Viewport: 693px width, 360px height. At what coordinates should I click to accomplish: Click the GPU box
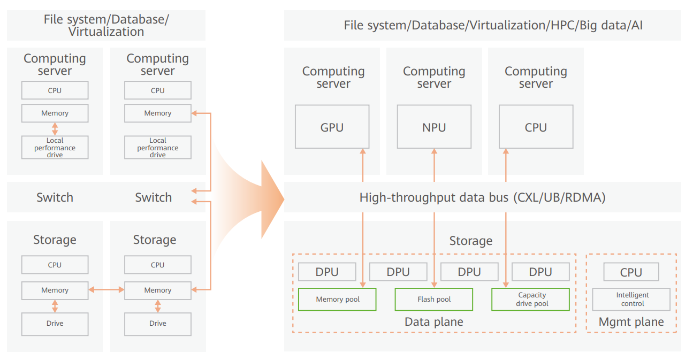click(x=332, y=127)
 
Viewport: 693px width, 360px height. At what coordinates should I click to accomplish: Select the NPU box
click(x=434, y=127)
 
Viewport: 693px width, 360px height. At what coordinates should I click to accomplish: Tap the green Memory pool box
click(x=337, y=300)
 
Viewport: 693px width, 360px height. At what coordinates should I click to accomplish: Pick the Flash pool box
click(x=434, y=300)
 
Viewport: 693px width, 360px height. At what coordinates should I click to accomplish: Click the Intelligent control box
click(x=631, y=300)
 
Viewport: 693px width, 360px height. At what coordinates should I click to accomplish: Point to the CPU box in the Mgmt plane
click(x=631, y=272)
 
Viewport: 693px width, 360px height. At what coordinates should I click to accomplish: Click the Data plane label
click(x=433, y=322)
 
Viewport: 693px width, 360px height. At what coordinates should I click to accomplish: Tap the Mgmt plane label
click(x=631, y=322)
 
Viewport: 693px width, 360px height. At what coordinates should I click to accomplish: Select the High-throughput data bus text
click(x=482, y=197)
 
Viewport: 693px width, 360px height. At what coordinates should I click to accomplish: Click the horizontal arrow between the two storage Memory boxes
click(x=106, y=290)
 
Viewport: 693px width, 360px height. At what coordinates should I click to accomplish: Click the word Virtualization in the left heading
click(x=106, y=32)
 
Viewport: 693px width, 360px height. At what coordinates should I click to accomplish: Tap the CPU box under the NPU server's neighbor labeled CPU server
click(x=536, y=127)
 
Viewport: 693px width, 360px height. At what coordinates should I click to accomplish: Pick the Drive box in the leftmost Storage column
click(x=55, y=324)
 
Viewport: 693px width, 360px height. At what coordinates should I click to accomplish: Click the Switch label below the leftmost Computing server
click(x=55, y=197)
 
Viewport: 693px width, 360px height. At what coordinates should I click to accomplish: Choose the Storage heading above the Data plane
click(x=470, y=241)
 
